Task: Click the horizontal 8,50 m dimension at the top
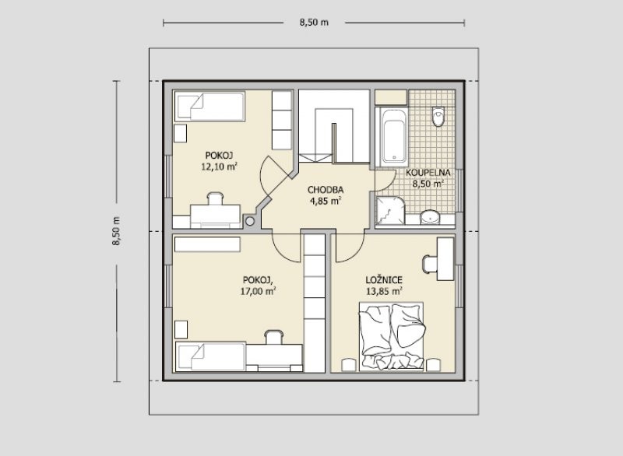[314, 23]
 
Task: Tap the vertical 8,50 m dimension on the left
[116, 231]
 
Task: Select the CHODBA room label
[326, 190]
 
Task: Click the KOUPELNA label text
[428, 173]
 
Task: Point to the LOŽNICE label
[384, 280]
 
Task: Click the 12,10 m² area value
[220, 167]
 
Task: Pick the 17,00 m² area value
[259, 291]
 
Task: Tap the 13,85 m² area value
[384, 291]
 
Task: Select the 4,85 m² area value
[326, 202]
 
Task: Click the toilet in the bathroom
[438, 116]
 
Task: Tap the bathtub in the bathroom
[394, 137]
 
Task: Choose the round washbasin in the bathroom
[430, 217]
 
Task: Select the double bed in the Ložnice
[392, 336]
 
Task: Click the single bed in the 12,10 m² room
[209, 107]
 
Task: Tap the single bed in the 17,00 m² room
[210, 357]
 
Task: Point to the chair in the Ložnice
[430, 264]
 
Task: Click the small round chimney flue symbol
[249, 221]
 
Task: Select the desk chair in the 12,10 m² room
[215, 198]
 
